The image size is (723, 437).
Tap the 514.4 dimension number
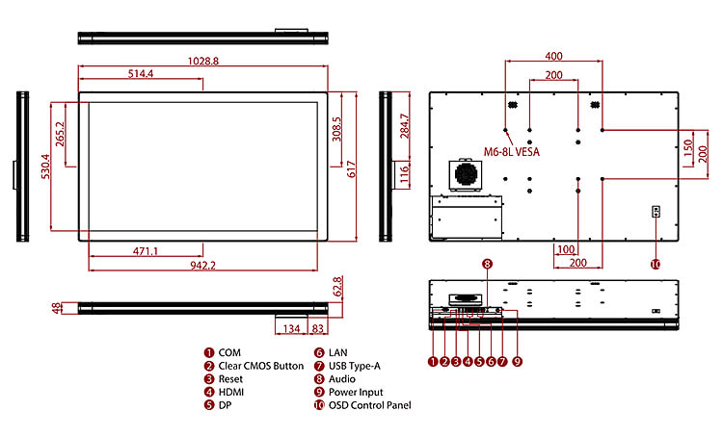point(141,74)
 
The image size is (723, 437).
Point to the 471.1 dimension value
point(146,251)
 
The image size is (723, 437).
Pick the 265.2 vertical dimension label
point(60,136)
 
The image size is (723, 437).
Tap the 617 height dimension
point(353,169)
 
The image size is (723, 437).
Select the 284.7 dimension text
point(405,129)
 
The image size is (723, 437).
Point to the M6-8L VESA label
point(512,151)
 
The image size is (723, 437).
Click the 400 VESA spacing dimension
point(553,57)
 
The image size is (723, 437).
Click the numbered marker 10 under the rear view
point(656,264)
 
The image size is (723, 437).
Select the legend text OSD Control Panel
point(369,405)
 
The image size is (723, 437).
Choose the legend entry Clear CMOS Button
point(260,367)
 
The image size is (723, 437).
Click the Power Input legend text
point(356,393)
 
